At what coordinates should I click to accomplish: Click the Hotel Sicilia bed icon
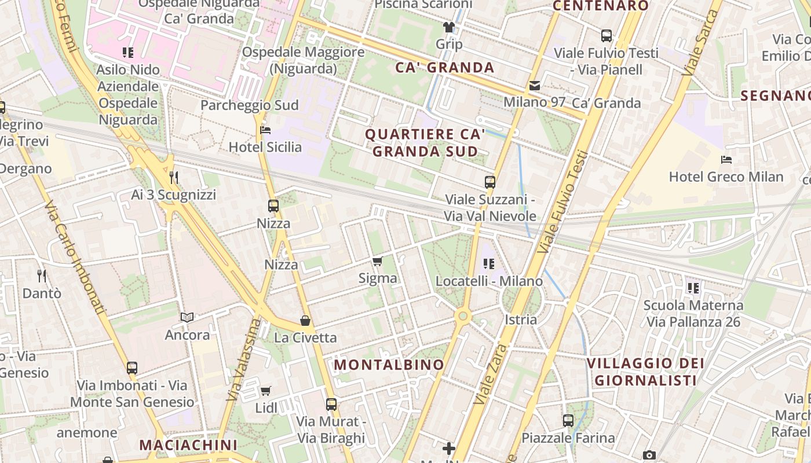tap(265, 130)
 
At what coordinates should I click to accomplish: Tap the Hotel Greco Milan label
tap(726, 177)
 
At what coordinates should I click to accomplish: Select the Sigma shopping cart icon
tap(378, 262)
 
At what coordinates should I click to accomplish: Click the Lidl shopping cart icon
tap(266, 391)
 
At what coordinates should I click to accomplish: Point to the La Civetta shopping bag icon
tap(305, 321)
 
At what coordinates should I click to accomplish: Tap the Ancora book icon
tap(187, 317)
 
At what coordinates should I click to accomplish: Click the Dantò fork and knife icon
tap(41, 275)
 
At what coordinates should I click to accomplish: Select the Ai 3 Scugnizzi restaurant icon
tap(173, 177)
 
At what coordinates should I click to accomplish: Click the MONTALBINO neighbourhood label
tap(389, 365)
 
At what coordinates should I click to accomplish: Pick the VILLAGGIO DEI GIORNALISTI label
tap(645, 372)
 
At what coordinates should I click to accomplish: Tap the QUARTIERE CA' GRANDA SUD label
tap(425, 143)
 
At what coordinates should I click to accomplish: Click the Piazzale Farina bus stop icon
tap(568, 421)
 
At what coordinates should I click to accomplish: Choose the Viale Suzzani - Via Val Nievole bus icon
tap(490, 182)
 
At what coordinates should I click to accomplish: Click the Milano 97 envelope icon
tap(534, 86)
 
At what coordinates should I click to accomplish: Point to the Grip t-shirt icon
tap(449, 27)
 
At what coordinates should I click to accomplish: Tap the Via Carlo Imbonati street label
tap(75, 258)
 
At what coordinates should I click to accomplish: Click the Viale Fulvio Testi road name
tap(562, 203)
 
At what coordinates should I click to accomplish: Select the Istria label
tap(521, 319)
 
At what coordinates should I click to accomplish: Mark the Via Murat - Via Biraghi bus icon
tap(331, 405)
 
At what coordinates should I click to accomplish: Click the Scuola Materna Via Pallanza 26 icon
tap(693, 288)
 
